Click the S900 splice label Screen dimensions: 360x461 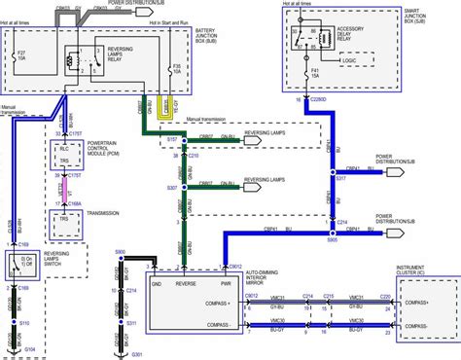pos(120,252)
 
